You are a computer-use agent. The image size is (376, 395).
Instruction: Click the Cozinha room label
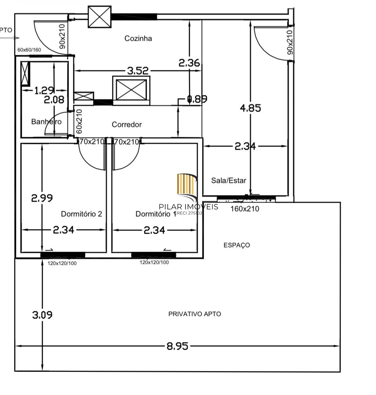click(138, 39)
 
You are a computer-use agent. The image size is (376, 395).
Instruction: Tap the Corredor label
click(127, 124)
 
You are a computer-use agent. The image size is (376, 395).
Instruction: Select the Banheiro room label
click(46, 122)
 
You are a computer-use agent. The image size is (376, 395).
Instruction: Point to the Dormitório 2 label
click(82, 214)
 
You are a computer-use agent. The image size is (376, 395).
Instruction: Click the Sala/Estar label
click(228, 180)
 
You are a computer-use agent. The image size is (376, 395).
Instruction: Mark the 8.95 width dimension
click(177, 346)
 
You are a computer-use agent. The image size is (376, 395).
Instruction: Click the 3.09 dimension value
click(42, 315)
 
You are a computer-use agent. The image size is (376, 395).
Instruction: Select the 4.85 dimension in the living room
click(251, 108)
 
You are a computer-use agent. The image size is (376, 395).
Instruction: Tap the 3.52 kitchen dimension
click(138, 71)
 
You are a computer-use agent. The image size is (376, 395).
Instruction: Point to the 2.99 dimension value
click(42, 198)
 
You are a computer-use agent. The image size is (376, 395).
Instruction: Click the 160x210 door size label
click(245, 209)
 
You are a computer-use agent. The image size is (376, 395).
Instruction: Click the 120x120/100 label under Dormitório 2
click(62, 263)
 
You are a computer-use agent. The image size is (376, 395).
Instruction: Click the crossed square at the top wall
click(100, 17)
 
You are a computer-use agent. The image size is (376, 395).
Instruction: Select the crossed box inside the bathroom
click(25, 74)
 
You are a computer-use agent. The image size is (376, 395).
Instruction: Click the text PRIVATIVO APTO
click(195, 314)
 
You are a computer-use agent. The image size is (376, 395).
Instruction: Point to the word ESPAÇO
click(237, 245)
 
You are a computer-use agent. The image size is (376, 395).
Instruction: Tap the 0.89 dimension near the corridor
click(197, 99)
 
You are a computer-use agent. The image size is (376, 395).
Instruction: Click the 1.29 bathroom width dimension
click(44, 91)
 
